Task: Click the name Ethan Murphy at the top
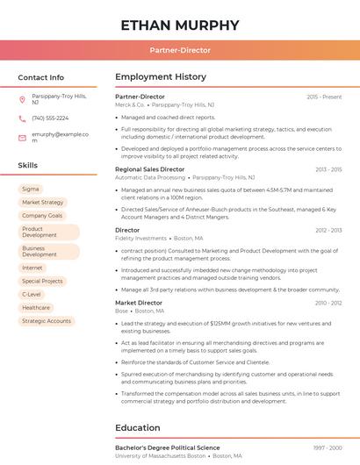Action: (x=180, y=25)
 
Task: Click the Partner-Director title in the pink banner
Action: (x=180, y=50)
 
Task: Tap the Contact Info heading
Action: (x=41, y=77)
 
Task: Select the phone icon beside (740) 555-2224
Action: (x=22, y=118)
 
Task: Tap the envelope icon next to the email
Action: (x=22, y=137)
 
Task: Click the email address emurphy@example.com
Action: (x=60, y=137)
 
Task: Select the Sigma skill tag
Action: (x=31, y=189)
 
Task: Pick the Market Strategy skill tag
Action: (x=43, y=202)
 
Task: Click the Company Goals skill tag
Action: (x=42, y=215)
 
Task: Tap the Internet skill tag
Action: (x=32, y=268)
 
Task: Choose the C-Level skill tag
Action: (x=32, y=294)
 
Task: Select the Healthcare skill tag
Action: (x=36, y=307)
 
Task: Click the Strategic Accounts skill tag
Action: (x=47, y=321)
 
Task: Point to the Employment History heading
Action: (x=161, y=77)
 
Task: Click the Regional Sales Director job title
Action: (x=149, y=169)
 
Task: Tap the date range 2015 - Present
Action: (x=324, y=97)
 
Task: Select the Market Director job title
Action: (x=139, y=303)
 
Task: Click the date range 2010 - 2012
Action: (x=328, y=303)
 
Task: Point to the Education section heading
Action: (x=137, y=428)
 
